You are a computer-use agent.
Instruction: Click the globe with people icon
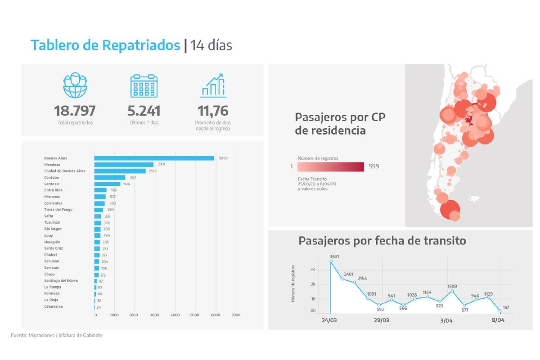point(75,85)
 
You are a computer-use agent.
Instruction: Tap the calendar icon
point(144,85)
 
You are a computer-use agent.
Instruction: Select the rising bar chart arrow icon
point(213,85)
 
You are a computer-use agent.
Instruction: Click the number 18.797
point(75,111)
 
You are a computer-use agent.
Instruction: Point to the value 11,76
point(213,111)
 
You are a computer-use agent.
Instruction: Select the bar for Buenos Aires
point(154,158)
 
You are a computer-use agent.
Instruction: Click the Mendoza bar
point(124,165)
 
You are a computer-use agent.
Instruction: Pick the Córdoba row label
point(51,177)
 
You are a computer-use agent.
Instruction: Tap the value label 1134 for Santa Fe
point(127,184)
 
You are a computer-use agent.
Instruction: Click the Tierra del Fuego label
point(58,210)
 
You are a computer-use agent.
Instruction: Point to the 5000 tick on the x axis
point(195,315)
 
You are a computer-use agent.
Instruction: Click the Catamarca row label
point(53,306)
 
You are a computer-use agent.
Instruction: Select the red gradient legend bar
point(330,166)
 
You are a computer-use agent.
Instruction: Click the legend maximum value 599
point(373,166)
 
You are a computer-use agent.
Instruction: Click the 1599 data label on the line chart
point(452,286)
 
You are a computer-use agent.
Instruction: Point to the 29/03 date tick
point(381,321)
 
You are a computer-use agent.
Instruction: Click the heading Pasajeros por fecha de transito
point(382,241)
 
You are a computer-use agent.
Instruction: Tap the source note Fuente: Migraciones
point(57,335)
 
